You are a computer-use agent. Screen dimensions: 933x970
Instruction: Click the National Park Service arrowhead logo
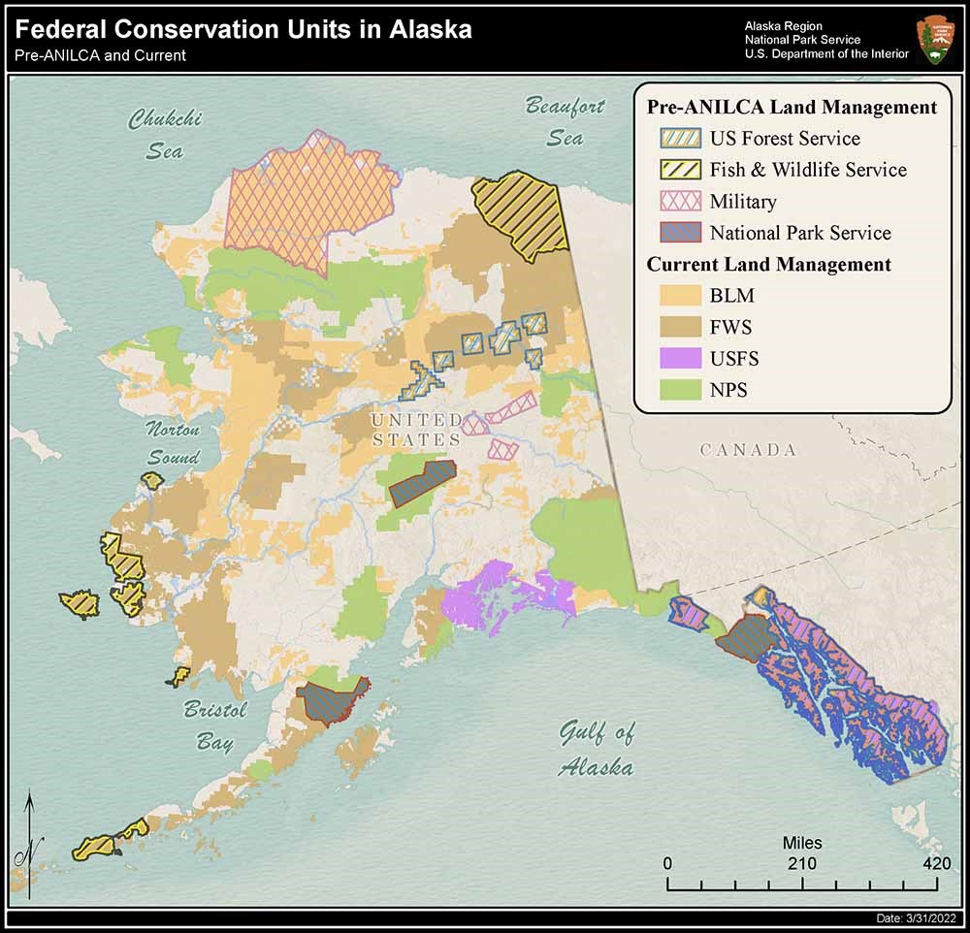tap(934, 39)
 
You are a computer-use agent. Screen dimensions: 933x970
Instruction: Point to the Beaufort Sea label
tap(565, 121)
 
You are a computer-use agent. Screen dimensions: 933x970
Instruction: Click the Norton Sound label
tap(173, 443)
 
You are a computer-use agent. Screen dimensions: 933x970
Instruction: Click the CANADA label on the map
tap(748, 450)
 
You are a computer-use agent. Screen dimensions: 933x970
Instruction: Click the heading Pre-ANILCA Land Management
tap(792, 107)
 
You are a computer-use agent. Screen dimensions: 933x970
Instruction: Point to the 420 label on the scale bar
tap(936, 864)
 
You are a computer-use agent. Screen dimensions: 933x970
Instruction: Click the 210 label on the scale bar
tap(801, 864)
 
